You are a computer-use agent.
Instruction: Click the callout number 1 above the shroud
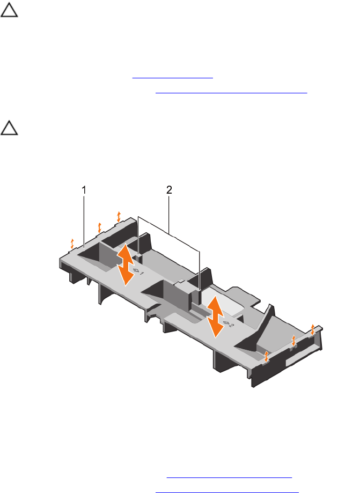point(84,190)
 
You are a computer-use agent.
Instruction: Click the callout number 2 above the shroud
point(169,190)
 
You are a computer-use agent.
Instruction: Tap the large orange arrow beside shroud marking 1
point(126,264)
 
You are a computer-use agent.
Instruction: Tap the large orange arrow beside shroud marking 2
point(215,317)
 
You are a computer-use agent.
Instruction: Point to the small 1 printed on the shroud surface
point(142,274)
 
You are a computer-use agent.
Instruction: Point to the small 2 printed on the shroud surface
point(231,325)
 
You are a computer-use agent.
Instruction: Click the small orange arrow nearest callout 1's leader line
point(72,244)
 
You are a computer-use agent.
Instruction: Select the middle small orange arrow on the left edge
point(100,227)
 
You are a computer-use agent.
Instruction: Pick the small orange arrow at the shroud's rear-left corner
point(119,217)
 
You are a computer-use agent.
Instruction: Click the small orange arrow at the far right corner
point(312,329)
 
